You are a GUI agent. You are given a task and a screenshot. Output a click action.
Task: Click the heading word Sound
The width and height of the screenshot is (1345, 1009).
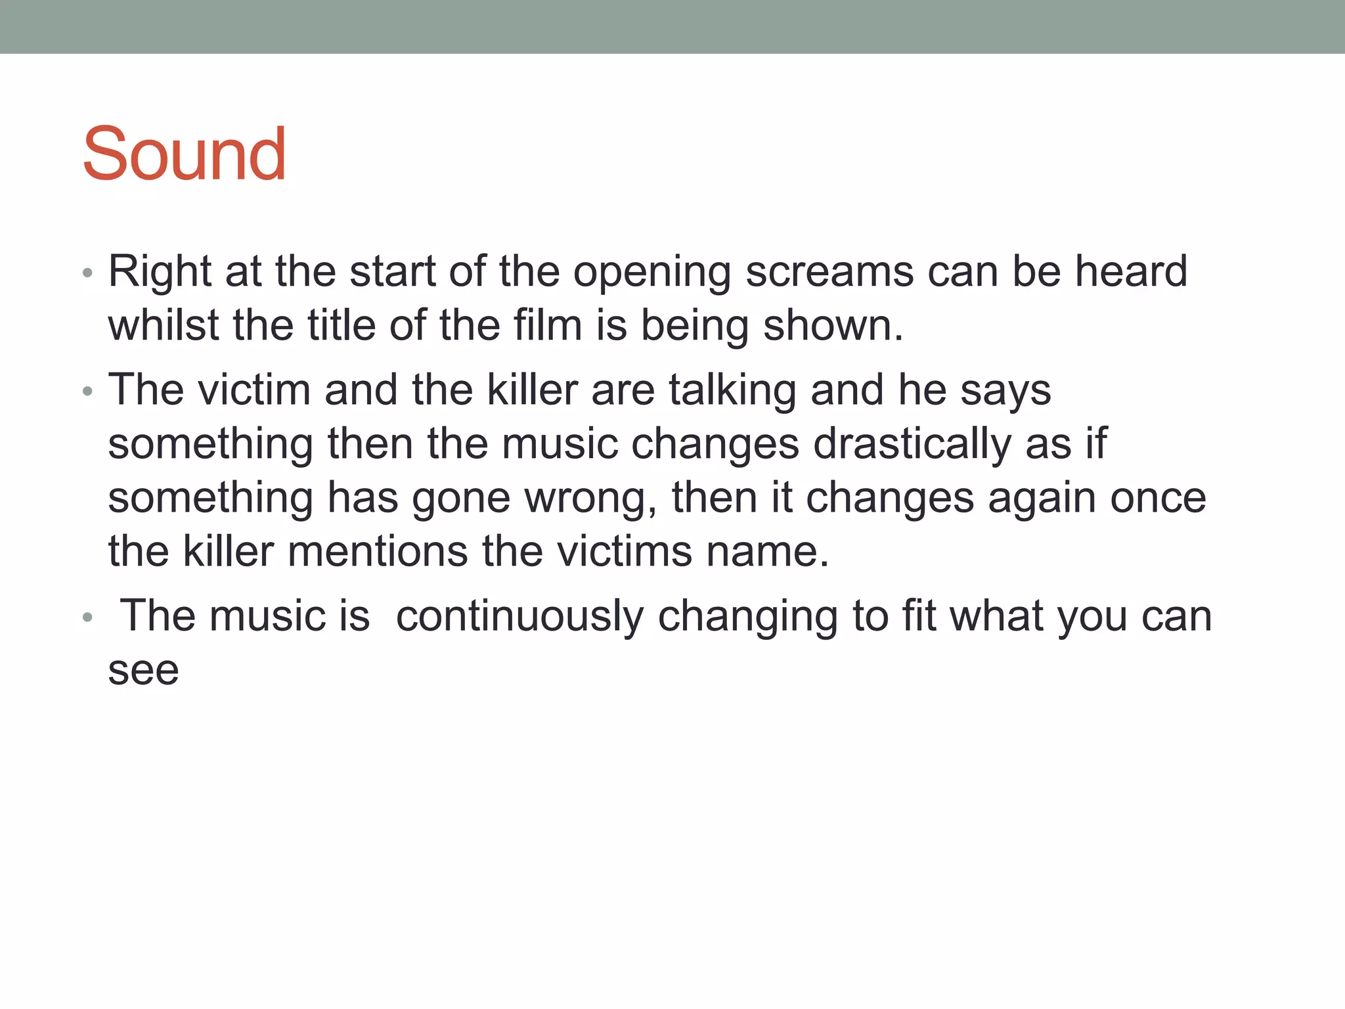pos(184,154)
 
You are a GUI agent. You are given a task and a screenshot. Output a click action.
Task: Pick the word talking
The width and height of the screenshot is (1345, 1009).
pos(732,390)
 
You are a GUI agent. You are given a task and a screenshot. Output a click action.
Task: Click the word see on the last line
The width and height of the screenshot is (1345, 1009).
pos(143,671)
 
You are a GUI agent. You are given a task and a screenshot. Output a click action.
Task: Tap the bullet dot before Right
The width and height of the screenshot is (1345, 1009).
pos(87,273)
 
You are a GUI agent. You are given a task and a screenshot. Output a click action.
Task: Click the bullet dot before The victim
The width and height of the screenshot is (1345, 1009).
pos(87,392)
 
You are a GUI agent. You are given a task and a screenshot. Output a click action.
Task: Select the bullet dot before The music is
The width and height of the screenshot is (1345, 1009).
pos(87,618)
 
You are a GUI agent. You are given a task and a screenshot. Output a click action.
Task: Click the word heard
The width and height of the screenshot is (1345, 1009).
pos(1131,271)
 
